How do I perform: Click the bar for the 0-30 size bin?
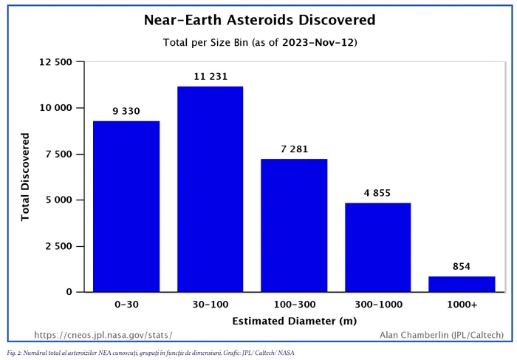126,206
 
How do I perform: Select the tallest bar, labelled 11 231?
210,189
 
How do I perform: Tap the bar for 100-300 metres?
294,225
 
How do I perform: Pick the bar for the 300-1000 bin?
378,248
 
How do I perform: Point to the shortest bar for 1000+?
462,284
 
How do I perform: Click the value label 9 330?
126,111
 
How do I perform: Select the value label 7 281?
295,149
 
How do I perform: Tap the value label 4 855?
377,193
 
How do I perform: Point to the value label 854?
462,266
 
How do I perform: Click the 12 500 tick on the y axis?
55,62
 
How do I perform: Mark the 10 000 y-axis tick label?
55,108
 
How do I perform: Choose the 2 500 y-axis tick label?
58,246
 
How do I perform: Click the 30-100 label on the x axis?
210,305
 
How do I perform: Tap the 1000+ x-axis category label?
462,305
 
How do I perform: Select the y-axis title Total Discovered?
25,177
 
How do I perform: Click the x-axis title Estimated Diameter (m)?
295,321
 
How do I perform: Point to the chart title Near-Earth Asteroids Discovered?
259,20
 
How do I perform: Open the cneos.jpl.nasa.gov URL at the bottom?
103,336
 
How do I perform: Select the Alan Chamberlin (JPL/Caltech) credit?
442,336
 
